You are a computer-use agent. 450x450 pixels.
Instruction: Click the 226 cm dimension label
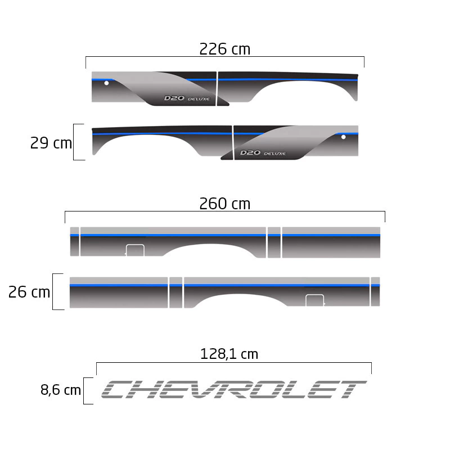pos(224,49)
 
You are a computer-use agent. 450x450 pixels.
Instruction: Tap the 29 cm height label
pos(51,143)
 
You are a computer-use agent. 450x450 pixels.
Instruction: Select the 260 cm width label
pos(224,204)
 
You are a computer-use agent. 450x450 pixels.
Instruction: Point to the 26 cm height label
pos(29,292)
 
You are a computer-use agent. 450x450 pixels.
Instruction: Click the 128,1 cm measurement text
pos(229,354)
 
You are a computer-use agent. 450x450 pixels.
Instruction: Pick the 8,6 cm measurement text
pos(61,390)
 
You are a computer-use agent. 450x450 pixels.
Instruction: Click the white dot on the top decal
pos(106,83)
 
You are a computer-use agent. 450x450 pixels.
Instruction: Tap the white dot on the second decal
pos(343,137)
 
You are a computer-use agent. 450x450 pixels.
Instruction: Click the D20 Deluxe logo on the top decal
pos(187,98)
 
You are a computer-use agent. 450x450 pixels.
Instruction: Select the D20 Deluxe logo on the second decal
pos(263,152)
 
